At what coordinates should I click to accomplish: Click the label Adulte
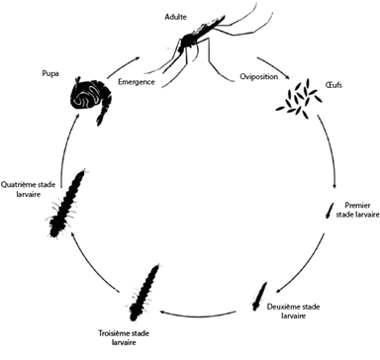coord(175,17)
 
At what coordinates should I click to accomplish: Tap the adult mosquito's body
coord(190,39)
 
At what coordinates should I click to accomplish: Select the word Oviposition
coord(258,77)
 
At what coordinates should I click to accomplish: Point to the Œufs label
coord(333,85)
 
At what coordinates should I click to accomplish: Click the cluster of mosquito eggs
coord(299,98)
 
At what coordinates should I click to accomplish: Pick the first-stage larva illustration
coord(330,211)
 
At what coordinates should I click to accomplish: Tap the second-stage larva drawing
coord(259,297)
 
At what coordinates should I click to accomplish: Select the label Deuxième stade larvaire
coord(293,311)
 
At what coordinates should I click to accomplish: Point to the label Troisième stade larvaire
coord(124,337)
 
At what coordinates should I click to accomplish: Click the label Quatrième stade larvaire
coord(28,189)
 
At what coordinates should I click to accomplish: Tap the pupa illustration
coord(89,99)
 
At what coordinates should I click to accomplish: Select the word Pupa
coord(50,73)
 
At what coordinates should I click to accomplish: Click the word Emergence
coord(137,81)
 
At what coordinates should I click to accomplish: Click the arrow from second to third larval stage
coord(197,315)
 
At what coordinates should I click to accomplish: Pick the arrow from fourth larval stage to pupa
coord(67,145)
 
